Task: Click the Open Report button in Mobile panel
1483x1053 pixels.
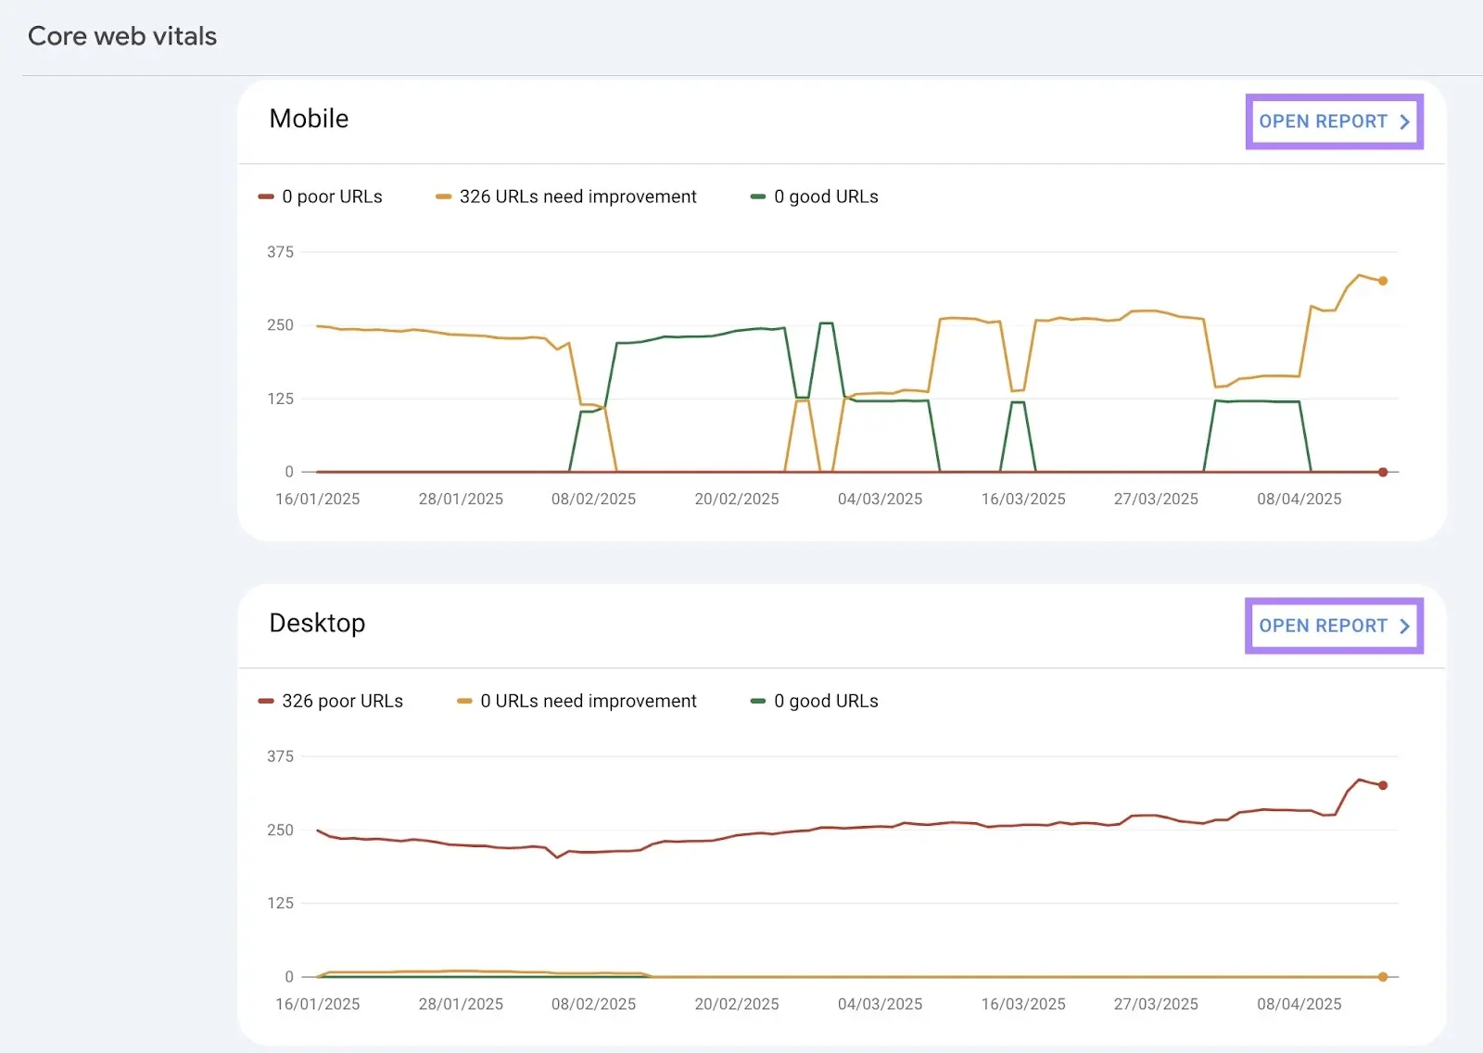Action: pos(1333,121)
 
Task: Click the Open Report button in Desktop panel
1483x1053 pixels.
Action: pos(1333,626)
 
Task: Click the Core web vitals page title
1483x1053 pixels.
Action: pos(122,36)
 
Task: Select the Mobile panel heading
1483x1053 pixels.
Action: pos(309,119)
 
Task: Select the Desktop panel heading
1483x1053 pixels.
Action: pos(317,623)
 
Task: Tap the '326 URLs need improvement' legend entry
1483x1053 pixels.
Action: pos(577,197)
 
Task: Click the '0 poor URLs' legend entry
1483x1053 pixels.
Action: pos(331,197)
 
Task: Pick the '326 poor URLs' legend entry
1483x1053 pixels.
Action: pos(341,701)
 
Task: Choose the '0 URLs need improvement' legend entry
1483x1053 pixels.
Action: pos(587,701)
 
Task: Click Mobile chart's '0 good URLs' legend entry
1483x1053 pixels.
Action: pos(825,197)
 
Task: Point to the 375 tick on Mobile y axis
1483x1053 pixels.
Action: pos(280,252)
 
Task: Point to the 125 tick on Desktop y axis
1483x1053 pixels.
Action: pos(280,903)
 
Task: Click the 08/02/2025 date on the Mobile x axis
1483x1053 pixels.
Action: pos(593,499)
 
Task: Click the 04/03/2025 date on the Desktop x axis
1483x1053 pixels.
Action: pos(880,1004)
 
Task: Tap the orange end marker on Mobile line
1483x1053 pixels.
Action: pos(1383,281)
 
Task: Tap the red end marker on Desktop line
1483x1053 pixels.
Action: pos(1383,785)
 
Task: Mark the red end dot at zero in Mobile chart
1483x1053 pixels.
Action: pos(1383,472)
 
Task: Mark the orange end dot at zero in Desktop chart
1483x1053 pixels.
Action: pos(1383,976)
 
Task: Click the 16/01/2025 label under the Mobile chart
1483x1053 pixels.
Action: pos(317,499)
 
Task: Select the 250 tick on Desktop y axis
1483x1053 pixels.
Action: pos(280,830)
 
